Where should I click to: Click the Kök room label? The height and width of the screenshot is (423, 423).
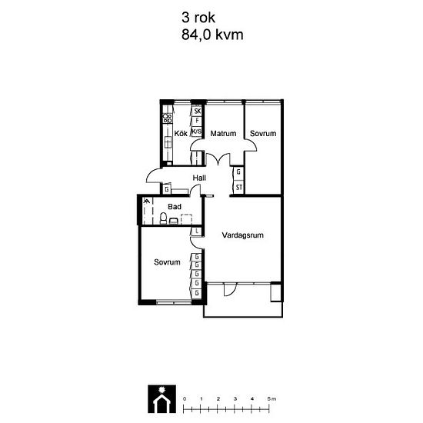coord(181,133)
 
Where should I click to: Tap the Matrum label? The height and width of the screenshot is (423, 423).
coord(223,133)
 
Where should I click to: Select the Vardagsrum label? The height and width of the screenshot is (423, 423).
coord(242,235)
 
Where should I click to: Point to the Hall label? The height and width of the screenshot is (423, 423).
coord(199,178)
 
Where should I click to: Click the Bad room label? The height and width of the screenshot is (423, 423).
coord(175,207)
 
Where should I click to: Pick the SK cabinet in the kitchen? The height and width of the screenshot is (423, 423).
coord(197,111)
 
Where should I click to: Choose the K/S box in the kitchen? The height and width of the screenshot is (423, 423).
coord(196,132)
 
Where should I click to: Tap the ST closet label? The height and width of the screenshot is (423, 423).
coord(239,187)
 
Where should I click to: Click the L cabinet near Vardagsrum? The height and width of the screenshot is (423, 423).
coord(197,231)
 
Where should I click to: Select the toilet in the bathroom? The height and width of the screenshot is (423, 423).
coord(163,218)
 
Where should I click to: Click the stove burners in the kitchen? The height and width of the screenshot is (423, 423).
coord(167,118)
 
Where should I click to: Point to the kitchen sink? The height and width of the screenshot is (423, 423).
coord(168,142)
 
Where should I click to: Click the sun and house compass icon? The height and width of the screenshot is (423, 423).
coord(162,399)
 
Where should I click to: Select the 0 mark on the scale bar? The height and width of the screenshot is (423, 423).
coord(185,398)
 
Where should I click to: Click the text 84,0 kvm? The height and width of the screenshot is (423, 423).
coord(212,35)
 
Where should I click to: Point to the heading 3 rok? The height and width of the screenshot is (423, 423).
coord(198,18)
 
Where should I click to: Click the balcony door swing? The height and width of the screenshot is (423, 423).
coord(230,289)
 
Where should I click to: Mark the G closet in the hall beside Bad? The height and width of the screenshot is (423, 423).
coord(167,189)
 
